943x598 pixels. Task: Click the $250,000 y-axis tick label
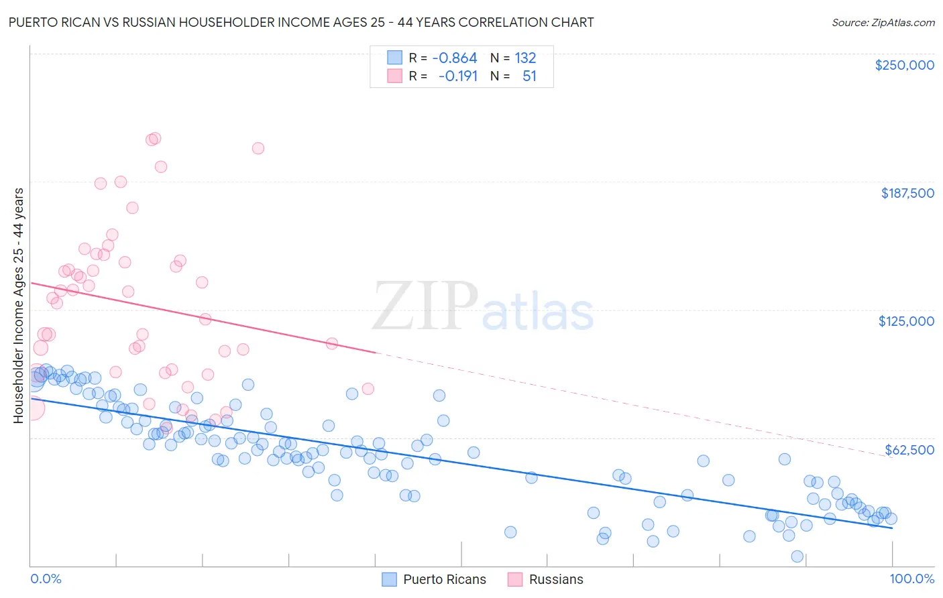[x=904, y=65]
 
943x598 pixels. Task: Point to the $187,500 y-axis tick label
[x=907, y=193]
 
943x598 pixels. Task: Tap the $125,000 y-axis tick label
[x=906, y=321]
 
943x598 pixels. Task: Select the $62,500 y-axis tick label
[x=909, y=450]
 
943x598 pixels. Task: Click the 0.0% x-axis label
[x=46, y=579]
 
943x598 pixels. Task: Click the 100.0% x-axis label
[x=911, y=579]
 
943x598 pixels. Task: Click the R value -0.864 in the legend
[x=454, y=58]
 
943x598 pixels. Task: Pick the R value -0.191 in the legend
[x=457, y=76]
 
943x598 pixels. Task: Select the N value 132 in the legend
[x=525, y=58]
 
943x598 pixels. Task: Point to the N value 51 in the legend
[x=529, y=76]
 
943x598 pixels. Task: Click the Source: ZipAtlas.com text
[x=883, y=23]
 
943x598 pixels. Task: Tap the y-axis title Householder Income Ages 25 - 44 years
[x=18, y=306]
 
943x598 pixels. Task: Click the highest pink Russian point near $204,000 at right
[x=258, y=148]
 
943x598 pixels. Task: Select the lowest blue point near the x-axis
[x=797, y=556]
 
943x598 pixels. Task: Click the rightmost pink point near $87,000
[x=368, y=389]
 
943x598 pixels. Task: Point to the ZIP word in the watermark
[x=425, y=306]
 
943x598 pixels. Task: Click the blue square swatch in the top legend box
[x=395, y=58]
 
